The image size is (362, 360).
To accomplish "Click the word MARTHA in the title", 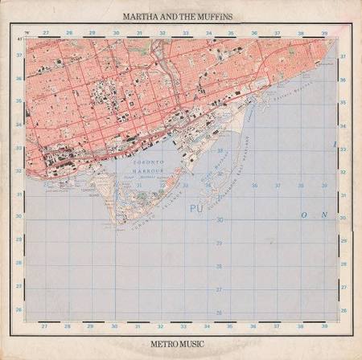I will coord(140,14).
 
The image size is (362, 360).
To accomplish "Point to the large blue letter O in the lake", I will coord(304,215).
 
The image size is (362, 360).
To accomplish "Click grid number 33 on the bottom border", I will coord(184,326).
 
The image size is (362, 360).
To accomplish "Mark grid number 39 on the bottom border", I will coord(323,326).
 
